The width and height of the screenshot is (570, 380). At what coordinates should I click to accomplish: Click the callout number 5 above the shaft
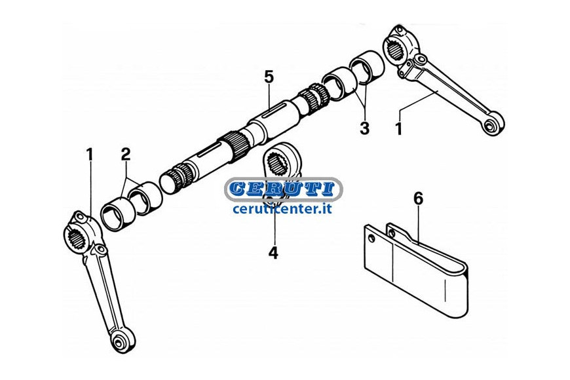point(269,77)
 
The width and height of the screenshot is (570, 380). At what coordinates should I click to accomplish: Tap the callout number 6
point(419,199)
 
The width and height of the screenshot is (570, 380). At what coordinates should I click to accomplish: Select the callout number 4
point(273,252)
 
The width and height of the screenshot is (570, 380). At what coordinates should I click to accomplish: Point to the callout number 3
point(364,128)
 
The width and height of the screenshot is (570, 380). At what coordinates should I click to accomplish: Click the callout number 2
point(125,155)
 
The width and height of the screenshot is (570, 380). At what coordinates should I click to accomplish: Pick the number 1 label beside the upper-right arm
point(399,128)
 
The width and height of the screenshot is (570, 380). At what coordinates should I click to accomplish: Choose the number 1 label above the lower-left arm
point(89,155)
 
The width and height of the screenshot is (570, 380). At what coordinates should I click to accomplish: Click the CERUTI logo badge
point(283,189)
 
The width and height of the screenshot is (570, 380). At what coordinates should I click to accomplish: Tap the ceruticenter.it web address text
point(282,209)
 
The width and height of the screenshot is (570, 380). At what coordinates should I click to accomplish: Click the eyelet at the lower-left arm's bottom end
point(118,342)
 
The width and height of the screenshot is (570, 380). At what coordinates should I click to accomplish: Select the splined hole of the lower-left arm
point(77,238)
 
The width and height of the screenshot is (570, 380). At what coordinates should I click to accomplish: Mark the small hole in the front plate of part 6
point(371,238)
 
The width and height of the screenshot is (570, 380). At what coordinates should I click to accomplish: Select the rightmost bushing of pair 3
point(367,66)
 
